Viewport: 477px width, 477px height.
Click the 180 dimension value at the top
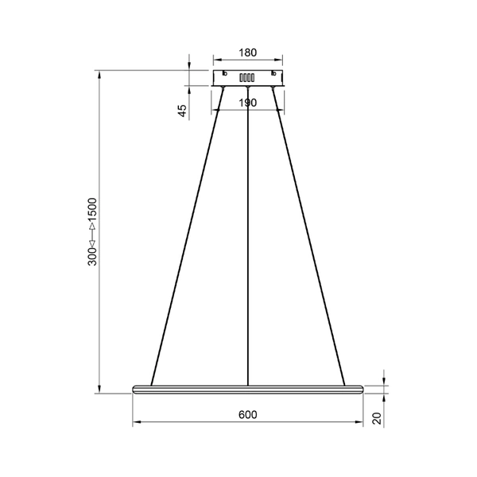(247, 53)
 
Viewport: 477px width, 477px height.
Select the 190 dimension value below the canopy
(247, 103)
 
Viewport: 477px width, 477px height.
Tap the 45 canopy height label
(182, 111)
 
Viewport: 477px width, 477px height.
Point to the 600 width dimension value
(247, 415)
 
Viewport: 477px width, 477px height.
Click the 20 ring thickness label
(378, 419)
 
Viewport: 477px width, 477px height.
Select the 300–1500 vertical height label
(92, 231)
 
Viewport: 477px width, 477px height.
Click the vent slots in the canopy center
(247, 78)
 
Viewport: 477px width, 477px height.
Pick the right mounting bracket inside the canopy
(273, 75)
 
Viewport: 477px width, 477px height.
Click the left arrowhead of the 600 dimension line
(135, 422)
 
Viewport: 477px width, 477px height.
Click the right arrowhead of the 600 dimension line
(360, 422)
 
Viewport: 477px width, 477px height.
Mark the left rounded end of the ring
(134, 389)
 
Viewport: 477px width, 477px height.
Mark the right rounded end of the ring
(362, 389)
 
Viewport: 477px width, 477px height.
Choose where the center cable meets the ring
(248, 386)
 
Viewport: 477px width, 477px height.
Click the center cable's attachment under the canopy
(248, 88)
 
